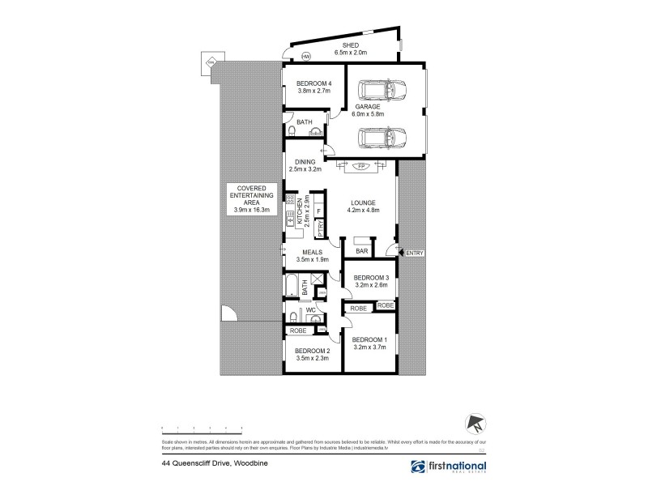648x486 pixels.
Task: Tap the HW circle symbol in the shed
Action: (x=306, y=57)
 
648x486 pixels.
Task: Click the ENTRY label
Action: (x=414, y=254)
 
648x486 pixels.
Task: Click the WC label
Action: (x=309, y=310)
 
